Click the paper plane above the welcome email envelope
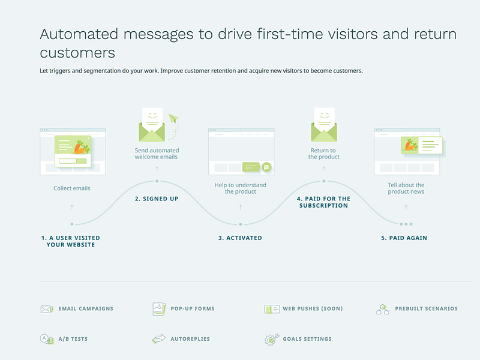pyautogui.click(x=173, y=118)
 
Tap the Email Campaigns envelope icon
pyautogui.click(x=47, y=309)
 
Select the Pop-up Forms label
pyautogui.click(x=193, y=308)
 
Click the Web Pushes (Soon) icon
pyautogui.click(x=272, y=309)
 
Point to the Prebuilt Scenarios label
pyautogui.click(x=426, y=308)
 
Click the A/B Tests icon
pyautogui.click(x=47, y=339)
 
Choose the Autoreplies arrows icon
pyautogui.click(x=159, y=339)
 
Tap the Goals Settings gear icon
pyautogui.click(x=272, y=339)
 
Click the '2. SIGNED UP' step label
pyautogui.click(x=157, y=199)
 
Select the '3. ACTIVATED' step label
pyautogui.click(x=240, y=238)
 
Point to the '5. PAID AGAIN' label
pyautogui.click(x=404, y=238)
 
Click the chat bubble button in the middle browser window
pyautogui.click(x=266, y=167)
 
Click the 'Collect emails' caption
pyautogui.click(x=72, y=188)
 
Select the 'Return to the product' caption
pyautogui.click(x=323, y=154)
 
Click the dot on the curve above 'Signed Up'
pyautogui.click(x=157, y=181)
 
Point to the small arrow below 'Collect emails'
pyautogui.click(x=72, y=207)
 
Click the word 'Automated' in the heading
pyautogui.click(x=79, y=34)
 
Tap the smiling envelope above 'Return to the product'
pyautogui.click(x=324, y=125)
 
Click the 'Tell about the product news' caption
pyautogui.click(x=406, y=188)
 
